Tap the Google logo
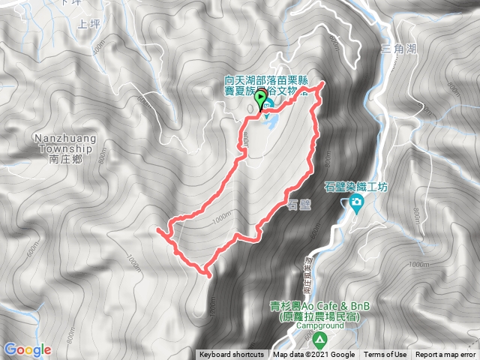(27, 349)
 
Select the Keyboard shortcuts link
(231, 355)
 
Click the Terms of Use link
(385, 355)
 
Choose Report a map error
(445, 355)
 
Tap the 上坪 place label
(88, 24)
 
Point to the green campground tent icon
(320, 340)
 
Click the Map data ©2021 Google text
(313, 355)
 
